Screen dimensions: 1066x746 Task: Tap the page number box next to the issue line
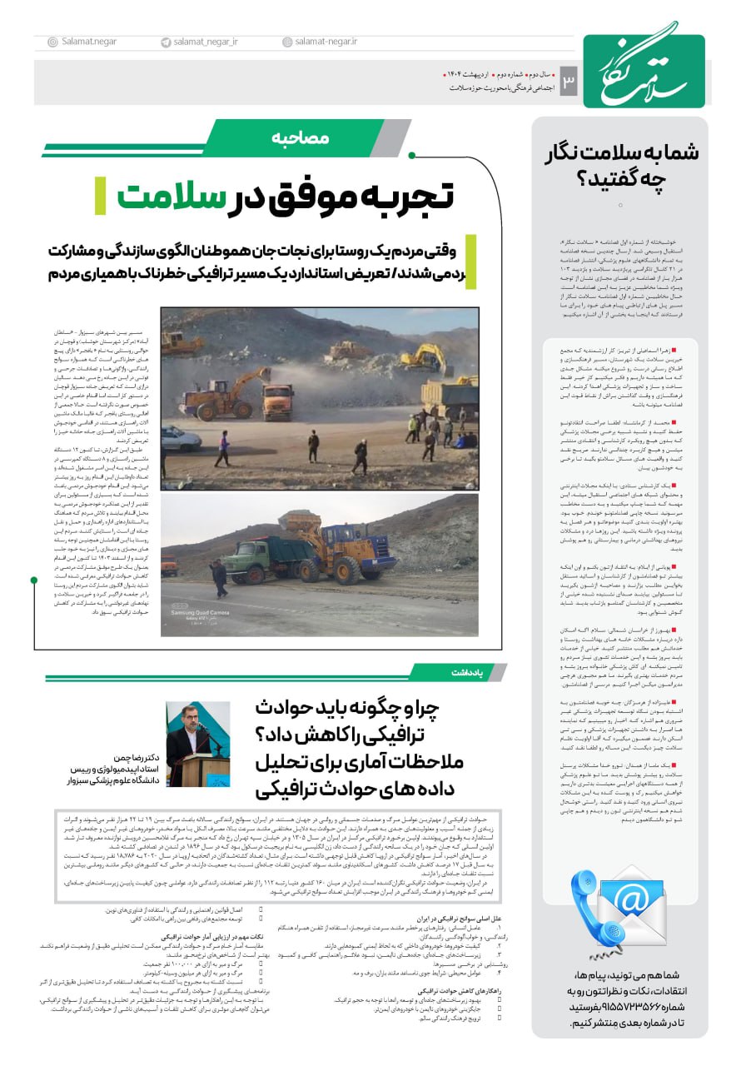coord(569,81)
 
